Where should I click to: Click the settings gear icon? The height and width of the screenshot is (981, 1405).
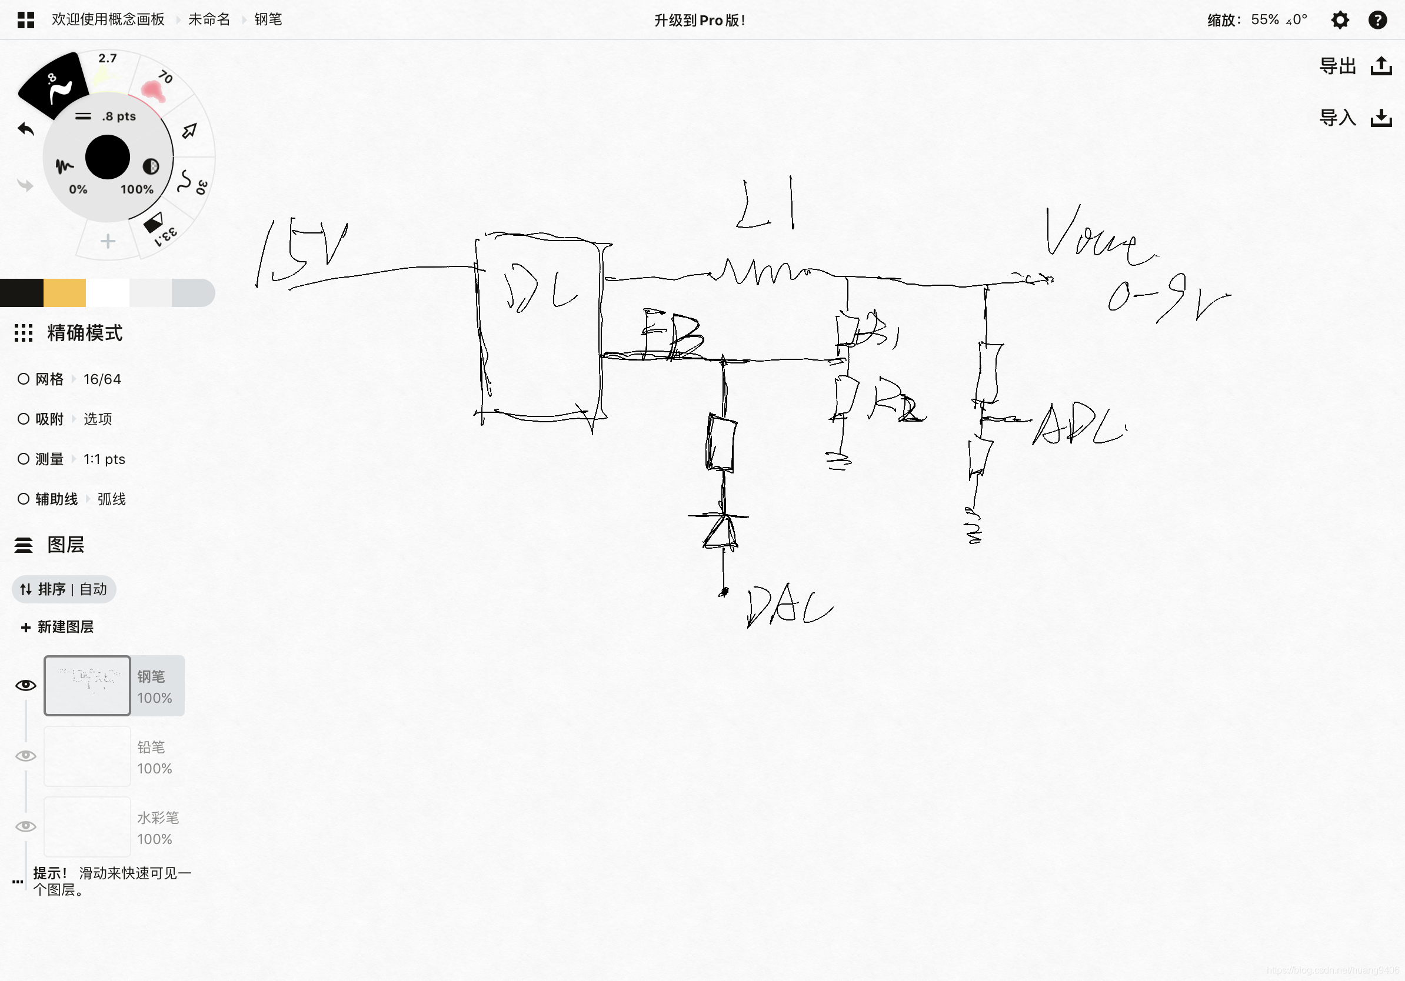(x=1340, y=20)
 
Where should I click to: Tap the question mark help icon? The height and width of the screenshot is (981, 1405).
(x=1377, y=20)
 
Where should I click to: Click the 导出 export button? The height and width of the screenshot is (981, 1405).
(x=1355, y=66)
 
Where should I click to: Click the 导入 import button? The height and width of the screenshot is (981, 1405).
(x=1355, y=118)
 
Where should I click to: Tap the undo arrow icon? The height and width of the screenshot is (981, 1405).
(x=26, y=129)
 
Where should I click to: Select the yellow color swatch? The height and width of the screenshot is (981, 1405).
(x=64, y=292)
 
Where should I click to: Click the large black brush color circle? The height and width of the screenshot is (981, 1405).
(x=108, y=157)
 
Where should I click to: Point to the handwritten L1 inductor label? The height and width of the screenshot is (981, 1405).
(x=766, y=205)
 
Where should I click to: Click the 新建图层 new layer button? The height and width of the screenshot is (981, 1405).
(x=58, y=627)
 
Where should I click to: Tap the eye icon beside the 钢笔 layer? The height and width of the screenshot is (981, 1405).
(x=26, y=685)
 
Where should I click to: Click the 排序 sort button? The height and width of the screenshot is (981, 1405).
(x=64, y=589)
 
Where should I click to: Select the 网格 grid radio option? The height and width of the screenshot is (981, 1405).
(x=24, y=379)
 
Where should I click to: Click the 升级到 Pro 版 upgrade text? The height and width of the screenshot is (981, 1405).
(x=700, y=20)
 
